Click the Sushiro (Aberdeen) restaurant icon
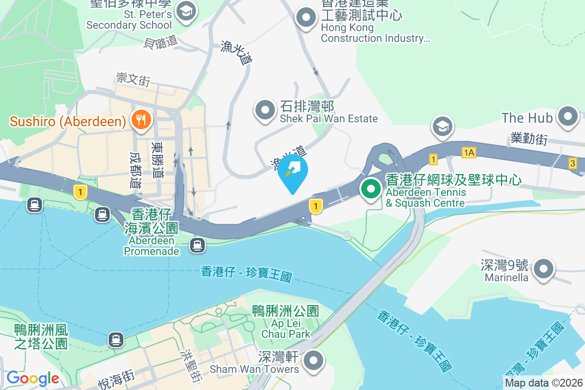pos(141,119)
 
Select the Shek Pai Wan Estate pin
pos(266,110)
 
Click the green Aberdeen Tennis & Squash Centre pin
pos(371,189)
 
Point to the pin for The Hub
pos(568,117)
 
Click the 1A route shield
pos(469,153)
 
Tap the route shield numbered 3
pos(572,163)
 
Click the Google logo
pos(33,378)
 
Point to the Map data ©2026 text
pos(543,383)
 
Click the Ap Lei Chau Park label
pos(285,322)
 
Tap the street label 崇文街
pos(133,78)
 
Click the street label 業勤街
pos(529,138)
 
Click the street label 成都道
pos(135,170)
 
